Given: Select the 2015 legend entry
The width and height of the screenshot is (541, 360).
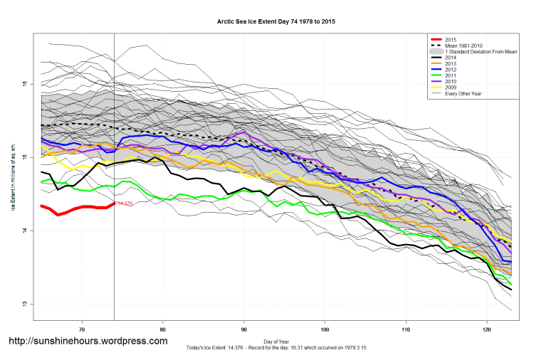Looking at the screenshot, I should pyautogui.click(x=449, y=39).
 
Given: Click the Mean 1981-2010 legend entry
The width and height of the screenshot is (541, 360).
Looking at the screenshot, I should pyautogui.click(x=463, y=46).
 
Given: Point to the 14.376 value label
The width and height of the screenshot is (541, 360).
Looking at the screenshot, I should pyautogui.click(x=124, y=204).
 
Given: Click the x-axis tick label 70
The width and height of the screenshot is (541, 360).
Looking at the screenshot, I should pyautogui.click(x=83, y=329).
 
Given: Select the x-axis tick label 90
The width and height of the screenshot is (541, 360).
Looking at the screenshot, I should pyautogui.click(x=244, y=329).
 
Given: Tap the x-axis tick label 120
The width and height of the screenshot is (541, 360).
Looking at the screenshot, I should pyautogui.click(x=486, y=329).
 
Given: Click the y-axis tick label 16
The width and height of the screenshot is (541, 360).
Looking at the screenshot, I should pyautogui.click(x=26, y=84).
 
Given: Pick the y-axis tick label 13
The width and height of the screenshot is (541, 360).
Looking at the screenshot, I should pyautogui.click(x=26, y=305).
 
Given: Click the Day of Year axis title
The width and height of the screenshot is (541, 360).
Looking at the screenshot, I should pyautogui.click(x=275, y=340).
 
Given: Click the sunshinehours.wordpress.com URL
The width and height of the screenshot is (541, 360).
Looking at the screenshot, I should pyautogui.click(x=88, y=342).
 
